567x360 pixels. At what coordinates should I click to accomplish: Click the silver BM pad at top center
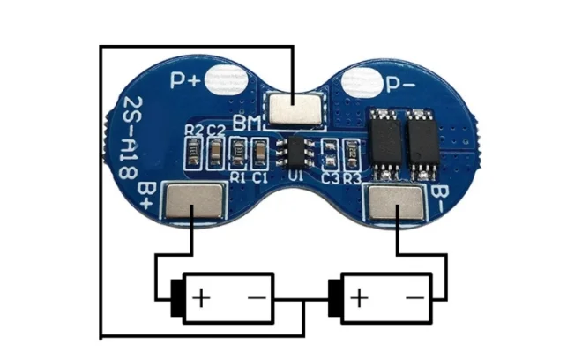[x=293, y=109]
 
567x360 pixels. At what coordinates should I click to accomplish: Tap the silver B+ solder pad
[x=194, y=200]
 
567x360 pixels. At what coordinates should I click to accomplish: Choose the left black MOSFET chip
[x=384, y=142]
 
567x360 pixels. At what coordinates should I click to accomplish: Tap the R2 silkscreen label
[x=194, y=131]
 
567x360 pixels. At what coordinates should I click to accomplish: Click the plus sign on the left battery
[x=202, y=296]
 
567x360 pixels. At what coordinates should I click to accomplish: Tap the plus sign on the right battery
[x=360, y=297]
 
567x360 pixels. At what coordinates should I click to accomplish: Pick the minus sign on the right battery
[x=414, y=297]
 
